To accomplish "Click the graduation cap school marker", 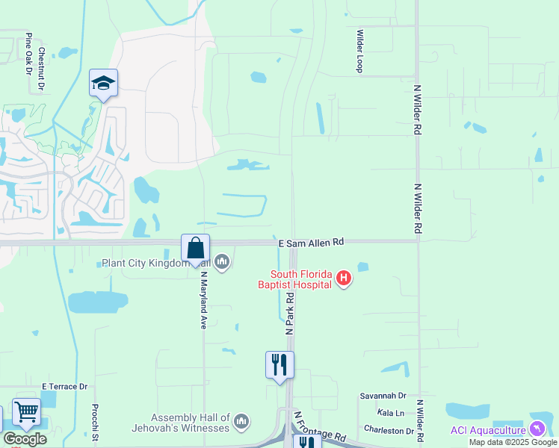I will click(x=104, y=83).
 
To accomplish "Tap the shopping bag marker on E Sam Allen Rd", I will click(x=195, y=247).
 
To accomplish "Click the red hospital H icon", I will click(x=343, y=279).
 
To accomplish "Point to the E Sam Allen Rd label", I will click(x=311, y=243).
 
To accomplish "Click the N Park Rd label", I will click(x=289, y=313).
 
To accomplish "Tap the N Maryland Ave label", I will click(x=203, y=299).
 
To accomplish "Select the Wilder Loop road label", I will click(x=360, y=51).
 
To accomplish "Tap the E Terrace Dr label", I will click(x=65, y=386).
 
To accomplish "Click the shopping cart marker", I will click(x=26, y=412).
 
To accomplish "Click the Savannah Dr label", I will click(x=382, y=396).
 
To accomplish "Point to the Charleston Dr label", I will click(x=389, y=431).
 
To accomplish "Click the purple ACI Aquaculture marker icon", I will click(x=537, y=429).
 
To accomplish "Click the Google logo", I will click(x=25, y=438).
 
